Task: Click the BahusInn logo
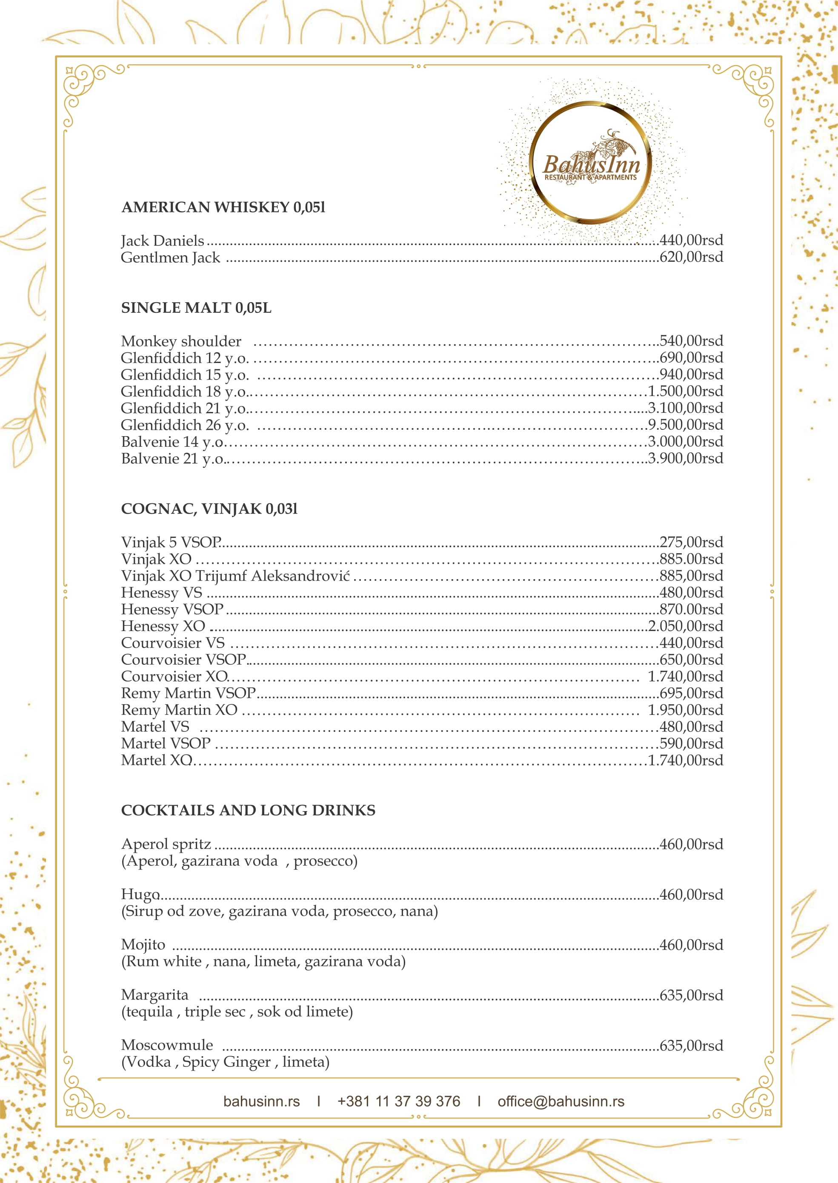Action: point(591,163)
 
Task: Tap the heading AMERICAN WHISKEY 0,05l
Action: point(223,207)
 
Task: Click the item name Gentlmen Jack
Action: point(170,257)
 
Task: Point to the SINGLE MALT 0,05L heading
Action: point(196,308)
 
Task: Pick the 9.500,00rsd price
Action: point(685,425)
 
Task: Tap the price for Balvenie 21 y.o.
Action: point(685,459)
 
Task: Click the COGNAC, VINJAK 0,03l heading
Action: point(209,509)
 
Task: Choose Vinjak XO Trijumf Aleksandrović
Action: point(235,576)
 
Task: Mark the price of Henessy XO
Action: point(685,626)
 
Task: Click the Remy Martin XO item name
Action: point(179,710)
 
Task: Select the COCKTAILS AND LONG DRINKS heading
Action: point(248,811)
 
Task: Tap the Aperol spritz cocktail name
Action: point(166,845)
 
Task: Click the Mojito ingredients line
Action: point(263,962)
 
